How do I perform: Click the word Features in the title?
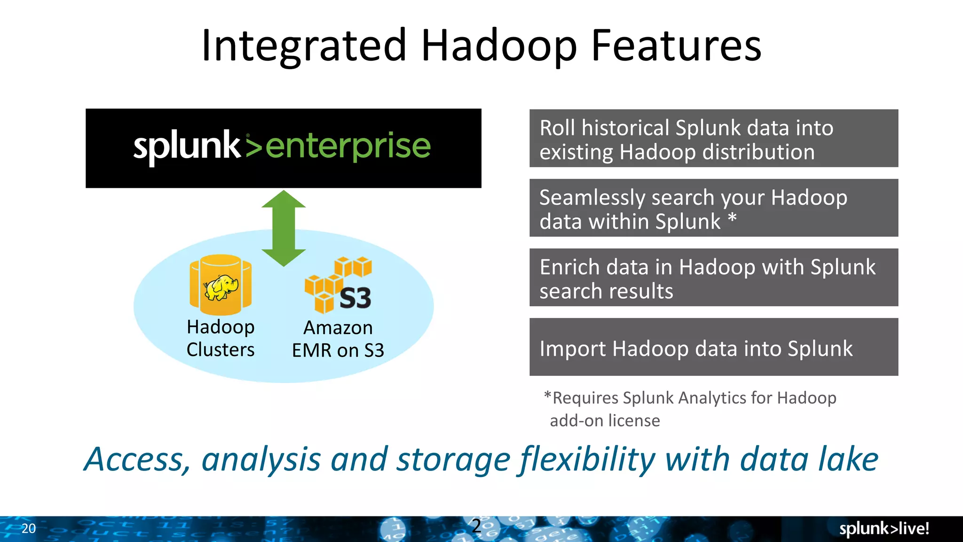click(x=676, y=46)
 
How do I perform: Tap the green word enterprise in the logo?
click(x=348, y=146)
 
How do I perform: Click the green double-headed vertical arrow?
click(x=284, y=228)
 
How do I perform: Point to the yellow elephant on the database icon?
click(x=221, y=287)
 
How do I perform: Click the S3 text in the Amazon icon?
click(x=355, y=298)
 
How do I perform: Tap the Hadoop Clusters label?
click(x=221, y=338)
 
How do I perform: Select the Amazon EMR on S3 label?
click(x=338, y=339)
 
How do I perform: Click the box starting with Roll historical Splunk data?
click(x=713, y=138)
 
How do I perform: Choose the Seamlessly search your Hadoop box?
click(x=713, y=208)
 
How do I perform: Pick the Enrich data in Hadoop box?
click(x=713, y=278)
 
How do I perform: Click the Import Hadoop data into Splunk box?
click(x=713, y=347)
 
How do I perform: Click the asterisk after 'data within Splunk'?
click(x=732, y=219)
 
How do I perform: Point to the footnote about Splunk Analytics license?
click(x=690, y=409)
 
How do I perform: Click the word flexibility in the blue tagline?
click(x=588, y=460)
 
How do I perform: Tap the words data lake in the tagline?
click(x=809, y=460)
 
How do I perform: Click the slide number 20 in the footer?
click(x=29, y=528)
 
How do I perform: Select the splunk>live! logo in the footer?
click(x=884, y=528)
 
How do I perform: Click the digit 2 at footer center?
click(x=476, y=526)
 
